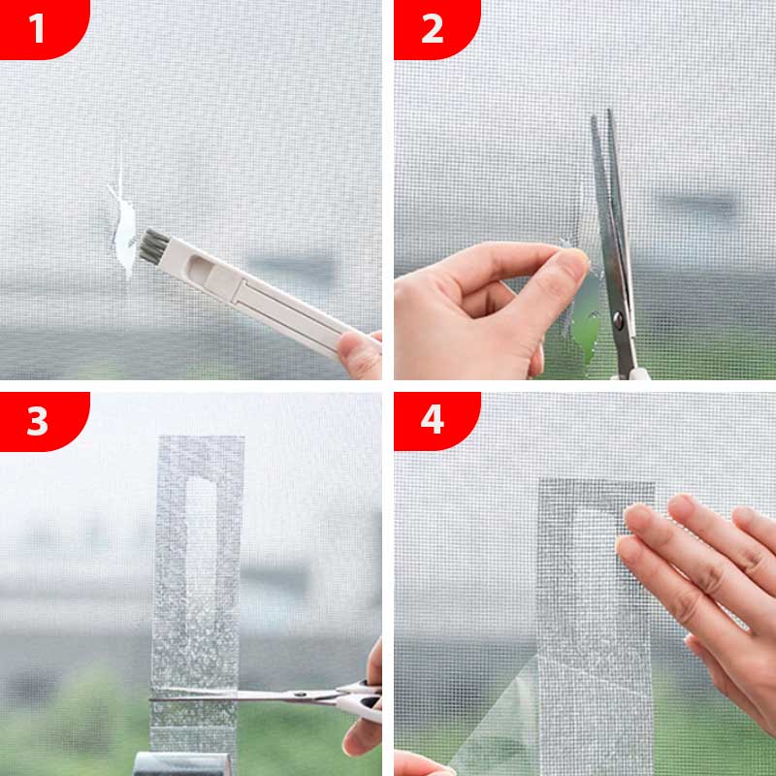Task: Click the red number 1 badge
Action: click(37, 28)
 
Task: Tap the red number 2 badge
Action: click(432, 28)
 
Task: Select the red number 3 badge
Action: click(37, 422)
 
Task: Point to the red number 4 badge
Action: click(432, 422)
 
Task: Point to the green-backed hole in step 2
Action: click(587, 330)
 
